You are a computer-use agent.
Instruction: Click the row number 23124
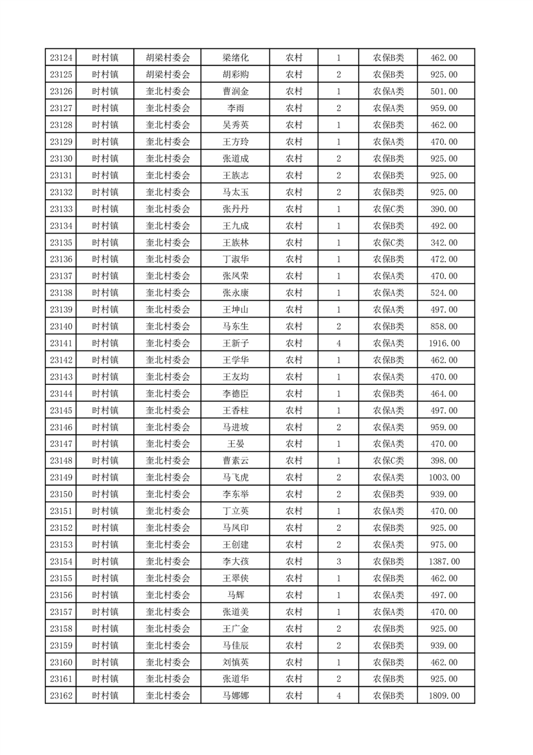coord(61,58)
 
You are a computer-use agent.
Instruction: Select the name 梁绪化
coord(235,58)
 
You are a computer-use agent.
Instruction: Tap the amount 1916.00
coord(444,343)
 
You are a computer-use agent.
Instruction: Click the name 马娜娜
coord(235,696)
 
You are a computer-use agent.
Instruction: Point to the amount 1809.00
coord(444,696)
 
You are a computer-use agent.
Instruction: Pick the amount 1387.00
coord(444,561)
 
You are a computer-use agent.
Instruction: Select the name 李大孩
coord(235,561)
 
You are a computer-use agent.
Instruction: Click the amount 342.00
coord(444,242)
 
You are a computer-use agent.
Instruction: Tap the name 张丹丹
coord(235,209)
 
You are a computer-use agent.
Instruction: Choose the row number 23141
coord(61,343)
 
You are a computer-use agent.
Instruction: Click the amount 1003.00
coord(444,478)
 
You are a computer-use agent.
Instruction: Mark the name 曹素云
coord(235,461)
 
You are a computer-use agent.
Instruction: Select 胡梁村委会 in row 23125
coord(168,75)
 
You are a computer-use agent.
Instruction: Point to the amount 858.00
coord(444,326)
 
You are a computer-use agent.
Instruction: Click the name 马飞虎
coord(235,478)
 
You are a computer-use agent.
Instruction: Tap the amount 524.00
coord(444,293)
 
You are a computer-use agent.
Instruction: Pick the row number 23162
coord(61,696)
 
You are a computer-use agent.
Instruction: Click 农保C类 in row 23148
coord(388,461)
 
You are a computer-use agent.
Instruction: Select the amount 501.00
coord(444,92)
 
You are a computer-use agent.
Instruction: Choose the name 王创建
coord(235,544)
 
